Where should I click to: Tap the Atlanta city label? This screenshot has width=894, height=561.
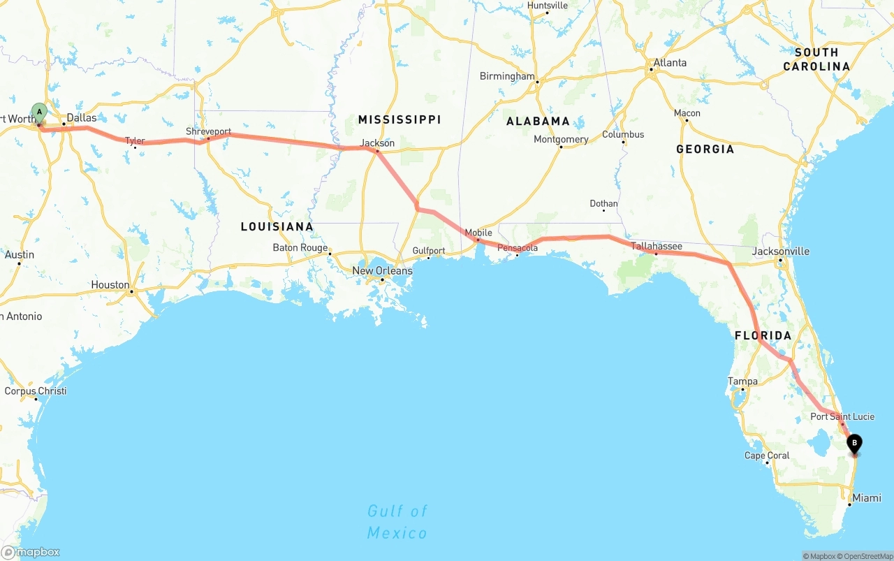670,63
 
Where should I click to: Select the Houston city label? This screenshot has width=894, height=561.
110,285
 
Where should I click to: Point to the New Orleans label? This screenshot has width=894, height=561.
382,271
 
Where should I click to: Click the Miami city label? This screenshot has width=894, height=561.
867,498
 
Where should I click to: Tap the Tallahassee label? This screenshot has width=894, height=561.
657,247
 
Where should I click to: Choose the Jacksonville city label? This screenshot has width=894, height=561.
781,252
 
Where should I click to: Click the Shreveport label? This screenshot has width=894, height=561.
208,131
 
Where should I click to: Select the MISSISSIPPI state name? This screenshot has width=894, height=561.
400,120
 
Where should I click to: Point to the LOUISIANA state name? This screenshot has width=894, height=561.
277,227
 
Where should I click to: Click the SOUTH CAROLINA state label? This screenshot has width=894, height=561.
816,59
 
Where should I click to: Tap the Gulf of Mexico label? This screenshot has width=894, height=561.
397,522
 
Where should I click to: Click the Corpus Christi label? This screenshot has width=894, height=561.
36,391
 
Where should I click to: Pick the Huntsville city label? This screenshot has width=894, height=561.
548,6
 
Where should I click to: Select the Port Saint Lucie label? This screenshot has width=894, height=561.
842,417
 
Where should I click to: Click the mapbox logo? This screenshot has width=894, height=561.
31,552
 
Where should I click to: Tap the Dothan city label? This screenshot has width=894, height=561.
603,204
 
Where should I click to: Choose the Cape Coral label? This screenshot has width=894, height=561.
767,456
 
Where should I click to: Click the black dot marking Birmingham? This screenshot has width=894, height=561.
537,82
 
